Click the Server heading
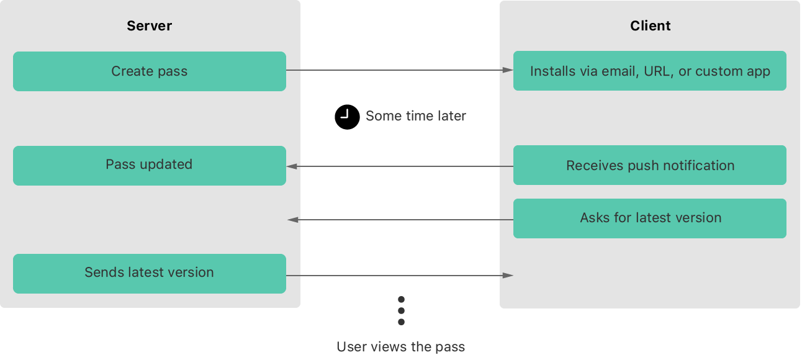coord(149,26)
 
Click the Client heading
coord(650,26)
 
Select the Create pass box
coord(149,71)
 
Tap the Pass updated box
coord(149,165)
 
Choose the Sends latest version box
coord(149,273)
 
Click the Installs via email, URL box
coord(649,71)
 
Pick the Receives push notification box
coord(649,166)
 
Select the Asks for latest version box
coord(649,218)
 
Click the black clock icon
coord(347,117)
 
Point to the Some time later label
coord(415,117)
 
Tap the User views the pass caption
coord(400,347)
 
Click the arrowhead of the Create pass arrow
coord(508,71)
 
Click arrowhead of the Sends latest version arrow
coord(508,275)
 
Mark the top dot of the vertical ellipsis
coord(401,300)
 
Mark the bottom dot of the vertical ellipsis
coord(401,322)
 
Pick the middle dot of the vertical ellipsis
coord(401,310)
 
